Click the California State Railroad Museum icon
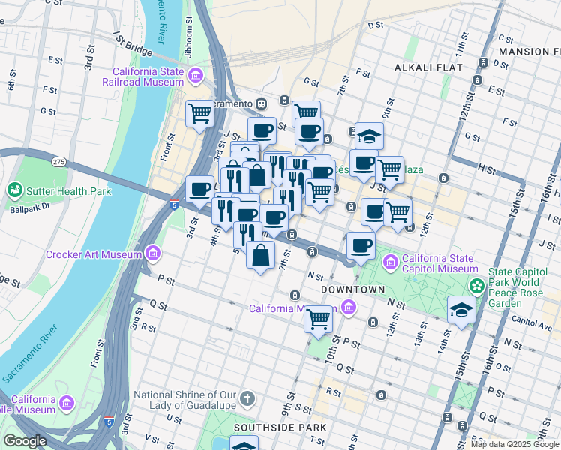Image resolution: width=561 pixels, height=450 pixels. (x=196, y=75)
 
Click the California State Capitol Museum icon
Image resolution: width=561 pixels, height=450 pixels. (x=390, y=262)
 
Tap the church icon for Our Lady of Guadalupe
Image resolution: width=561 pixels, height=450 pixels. (x=248, y=399)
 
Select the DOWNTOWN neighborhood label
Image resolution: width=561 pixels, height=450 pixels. (x=352, y=289)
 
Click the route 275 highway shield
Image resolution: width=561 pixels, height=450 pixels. (x=59, y=161)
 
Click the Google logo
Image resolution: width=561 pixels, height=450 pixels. (x=25, y=441)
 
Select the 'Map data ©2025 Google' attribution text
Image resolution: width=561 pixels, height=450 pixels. (x=514, y=444)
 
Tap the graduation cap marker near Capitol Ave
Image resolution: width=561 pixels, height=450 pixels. (x=460, y=310)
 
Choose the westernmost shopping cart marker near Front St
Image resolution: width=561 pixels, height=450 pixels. (x=199, y=114)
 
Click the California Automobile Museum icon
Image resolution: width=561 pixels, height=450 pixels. (x=66, y=404)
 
